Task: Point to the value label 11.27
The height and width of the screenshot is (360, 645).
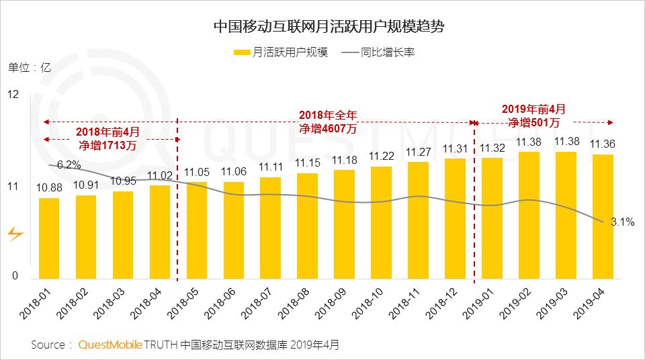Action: click(x=419, y=152)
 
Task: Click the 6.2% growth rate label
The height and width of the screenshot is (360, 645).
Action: click(x=69, y=165)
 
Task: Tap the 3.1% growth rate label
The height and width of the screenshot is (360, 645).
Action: click(x=622, y=222)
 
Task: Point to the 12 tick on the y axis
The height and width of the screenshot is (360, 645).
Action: click(x=13, y=95)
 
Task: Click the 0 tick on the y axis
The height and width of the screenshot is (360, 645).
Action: click(x=15, y=274)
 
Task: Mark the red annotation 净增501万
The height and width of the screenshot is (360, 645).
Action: click(x=533, y=122)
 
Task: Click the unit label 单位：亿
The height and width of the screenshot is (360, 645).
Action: click(x=30, y=67)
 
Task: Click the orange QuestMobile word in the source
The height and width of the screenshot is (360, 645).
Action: click(x=110, y=345)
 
